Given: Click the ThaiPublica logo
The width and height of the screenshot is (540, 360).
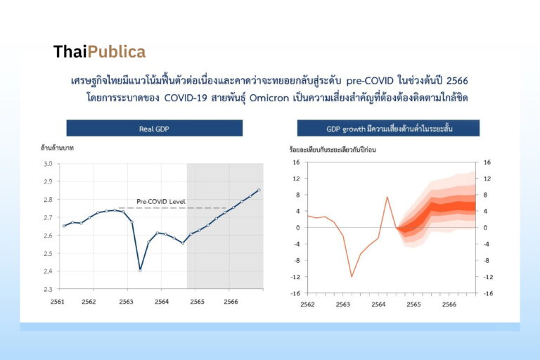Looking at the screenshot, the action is click(x=100, y=52).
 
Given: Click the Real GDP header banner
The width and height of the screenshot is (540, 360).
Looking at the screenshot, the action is click(x=154, y=128).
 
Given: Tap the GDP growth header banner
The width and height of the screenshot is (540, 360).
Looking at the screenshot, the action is click(x=388, y=128).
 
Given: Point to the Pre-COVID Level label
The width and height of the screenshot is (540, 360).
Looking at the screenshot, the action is click(x=161, y=202).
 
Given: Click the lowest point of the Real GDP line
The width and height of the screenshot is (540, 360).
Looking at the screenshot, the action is click(x=140, y=270).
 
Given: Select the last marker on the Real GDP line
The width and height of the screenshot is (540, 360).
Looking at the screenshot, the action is click(x=259, y=190).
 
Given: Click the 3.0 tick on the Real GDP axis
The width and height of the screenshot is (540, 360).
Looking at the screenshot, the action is click(x=48, y=164).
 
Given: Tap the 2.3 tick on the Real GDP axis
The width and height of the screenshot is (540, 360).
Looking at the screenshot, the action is click(x=48, y=289).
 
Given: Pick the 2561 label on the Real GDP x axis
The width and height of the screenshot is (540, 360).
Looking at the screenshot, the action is click(x=58, y=302).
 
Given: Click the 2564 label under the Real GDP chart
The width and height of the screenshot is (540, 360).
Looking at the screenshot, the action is click(x=162, y=302).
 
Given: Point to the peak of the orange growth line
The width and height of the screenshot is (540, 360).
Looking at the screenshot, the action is click(x=387, y=197).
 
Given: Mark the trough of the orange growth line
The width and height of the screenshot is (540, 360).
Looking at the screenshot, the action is click(x=352, y=276).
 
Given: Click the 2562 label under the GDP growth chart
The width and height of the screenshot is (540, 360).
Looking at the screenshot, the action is click(x=307, y=304).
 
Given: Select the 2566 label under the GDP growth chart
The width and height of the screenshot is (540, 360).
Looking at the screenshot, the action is click(x=449, y=304).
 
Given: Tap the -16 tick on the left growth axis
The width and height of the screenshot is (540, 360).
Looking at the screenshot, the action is click(x=296, y=293).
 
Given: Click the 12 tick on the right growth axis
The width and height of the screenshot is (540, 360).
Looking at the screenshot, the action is click(x=487, y=179).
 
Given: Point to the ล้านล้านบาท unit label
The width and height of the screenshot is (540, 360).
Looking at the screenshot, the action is click(x=57, y=148).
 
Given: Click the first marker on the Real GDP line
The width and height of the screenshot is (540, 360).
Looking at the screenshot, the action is click(x=64, y=226).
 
